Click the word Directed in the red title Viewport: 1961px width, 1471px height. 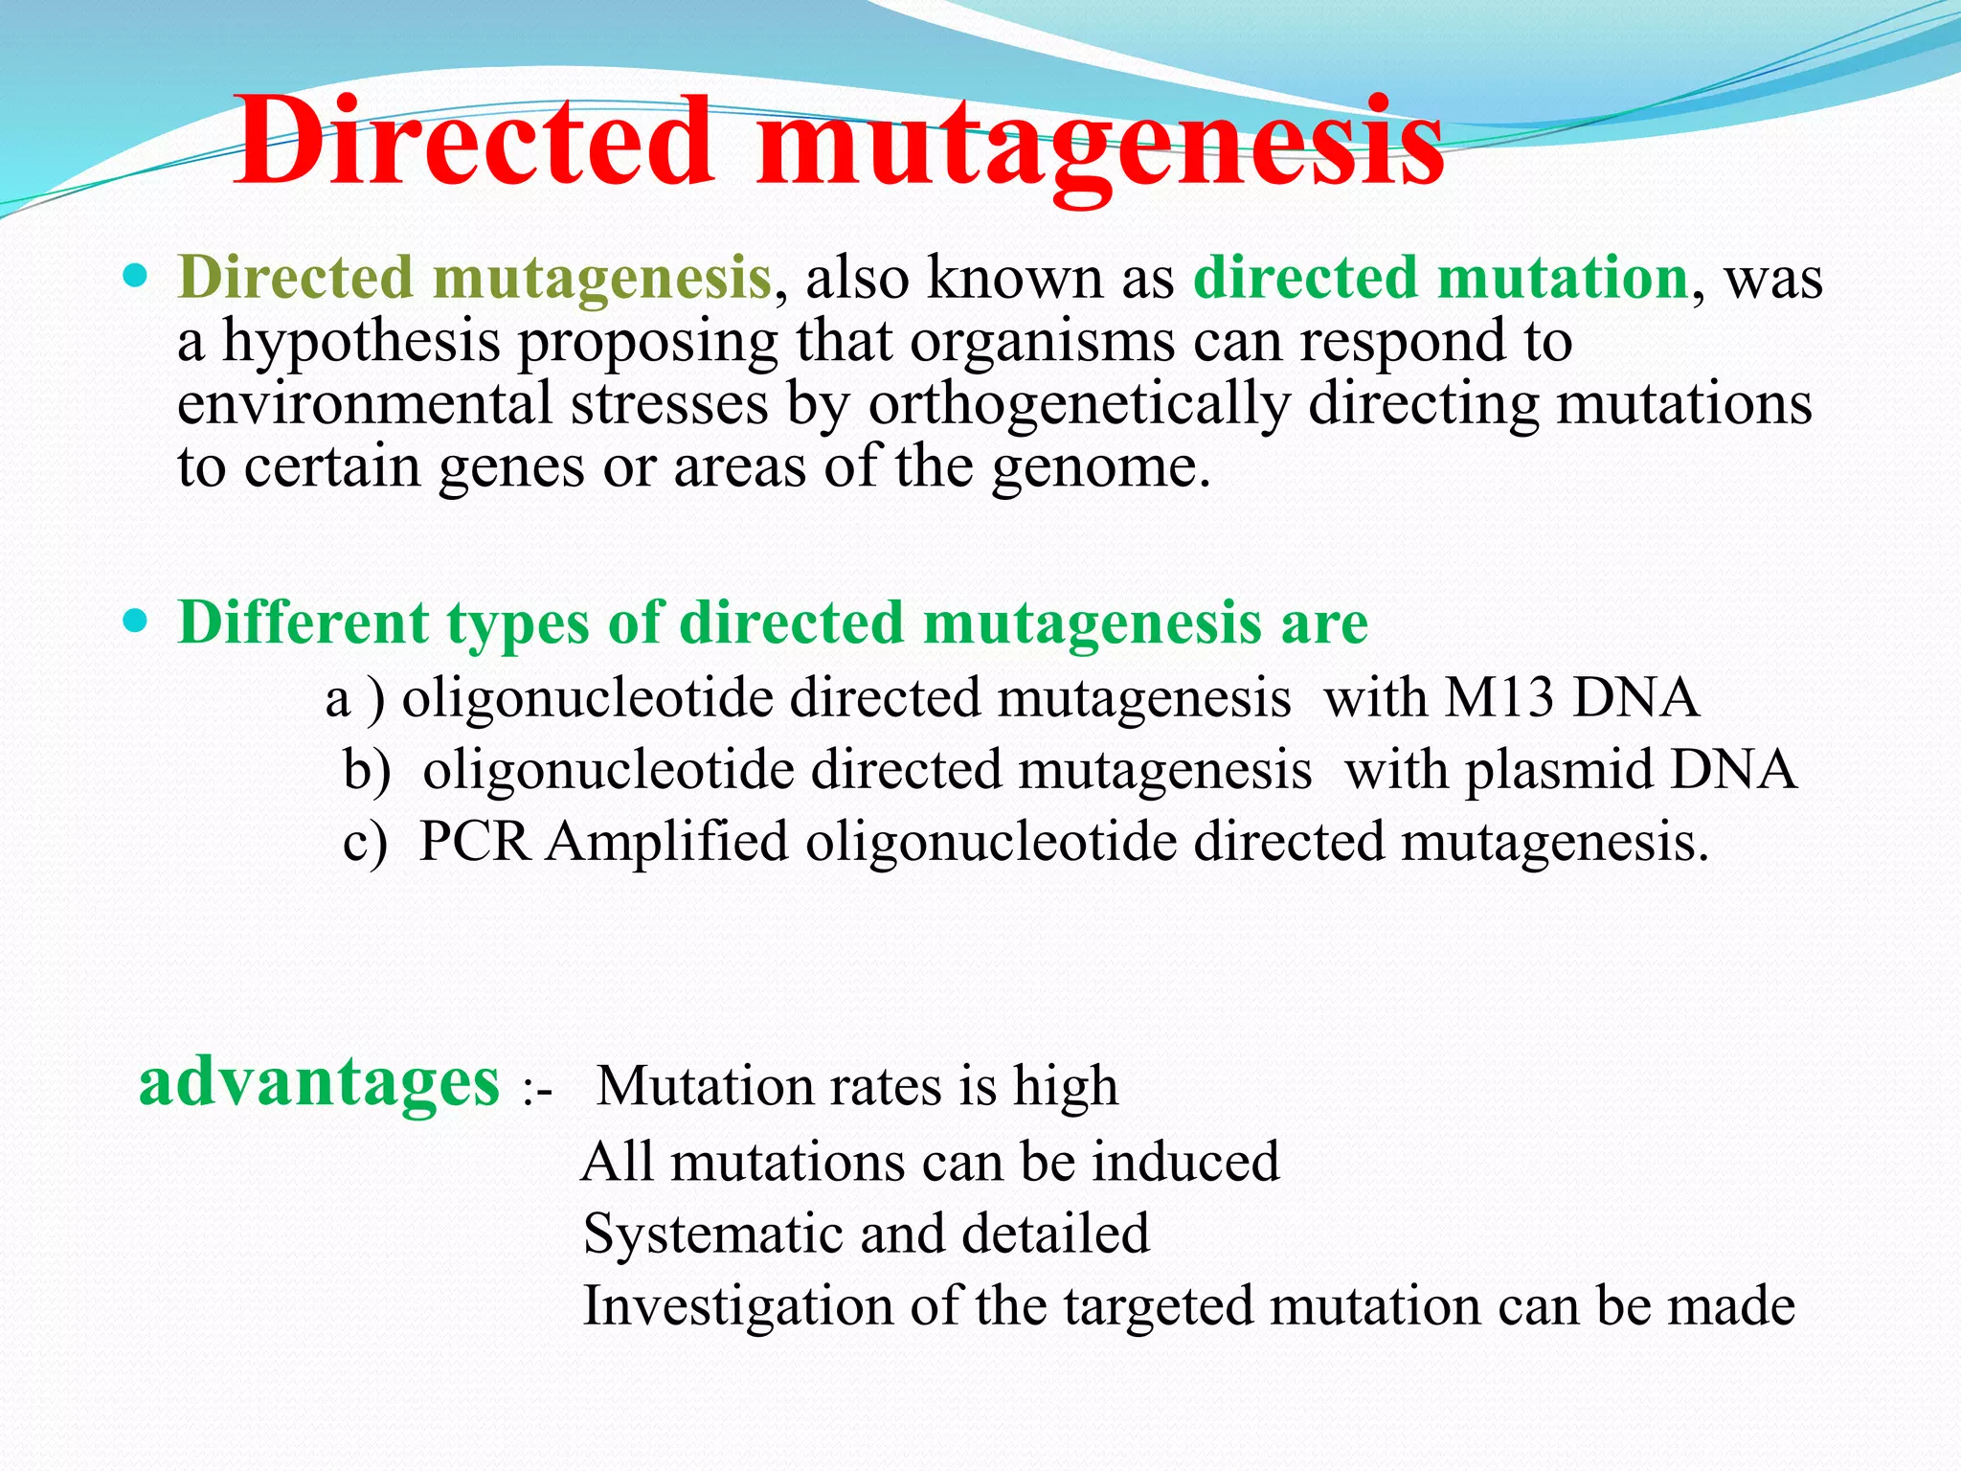tap(475, 144)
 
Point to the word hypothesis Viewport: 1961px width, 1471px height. tap(362, 343)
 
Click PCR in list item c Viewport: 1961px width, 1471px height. tap(475, 843)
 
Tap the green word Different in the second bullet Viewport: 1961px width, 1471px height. tap(304, 623)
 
